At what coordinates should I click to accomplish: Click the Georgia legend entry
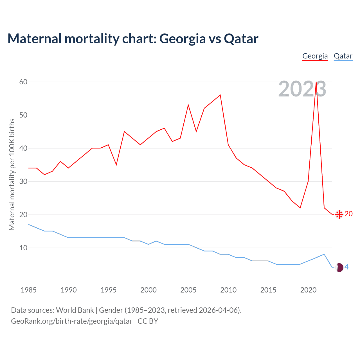tap(315, 56)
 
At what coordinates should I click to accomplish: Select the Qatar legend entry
tap(343, 56)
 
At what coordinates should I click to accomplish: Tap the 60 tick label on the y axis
tap(23, 82)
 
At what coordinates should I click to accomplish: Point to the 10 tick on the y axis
tap(23, 248)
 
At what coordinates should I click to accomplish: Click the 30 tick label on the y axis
tap(23, 181)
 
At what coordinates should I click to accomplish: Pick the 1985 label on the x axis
tap(28, 290)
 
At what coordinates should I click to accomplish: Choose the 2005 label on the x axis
tap(188, 290)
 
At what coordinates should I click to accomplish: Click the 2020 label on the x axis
tap(308, 290)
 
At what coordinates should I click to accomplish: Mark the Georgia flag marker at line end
tap(339, 214)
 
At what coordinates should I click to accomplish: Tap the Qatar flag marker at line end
tap(339, 267)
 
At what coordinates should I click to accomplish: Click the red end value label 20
tap(348, 214)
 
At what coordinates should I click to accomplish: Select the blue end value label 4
tap(346, 267)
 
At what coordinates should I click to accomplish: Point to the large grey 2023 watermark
tap(302, 89)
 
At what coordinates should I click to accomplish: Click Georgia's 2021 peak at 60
tap(316, 82)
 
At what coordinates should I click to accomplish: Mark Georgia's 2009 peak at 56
tap(220, 95)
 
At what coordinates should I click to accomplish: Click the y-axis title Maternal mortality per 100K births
tap(12, 174)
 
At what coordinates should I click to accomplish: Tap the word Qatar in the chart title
tap(241, 39)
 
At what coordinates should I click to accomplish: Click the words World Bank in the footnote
tap(75, 310)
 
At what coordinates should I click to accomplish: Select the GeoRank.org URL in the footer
tap(71, 321)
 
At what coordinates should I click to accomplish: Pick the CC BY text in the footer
tap(148, 321)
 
